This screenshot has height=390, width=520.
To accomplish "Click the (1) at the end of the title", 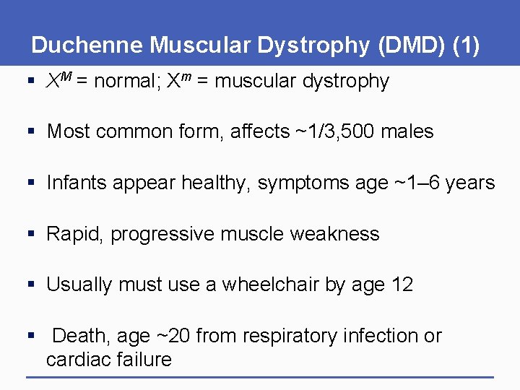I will click(x=465, y=45).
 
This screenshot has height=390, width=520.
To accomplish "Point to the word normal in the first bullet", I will click(x=126, y=82).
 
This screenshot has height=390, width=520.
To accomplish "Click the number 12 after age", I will click(x=402, y=285).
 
